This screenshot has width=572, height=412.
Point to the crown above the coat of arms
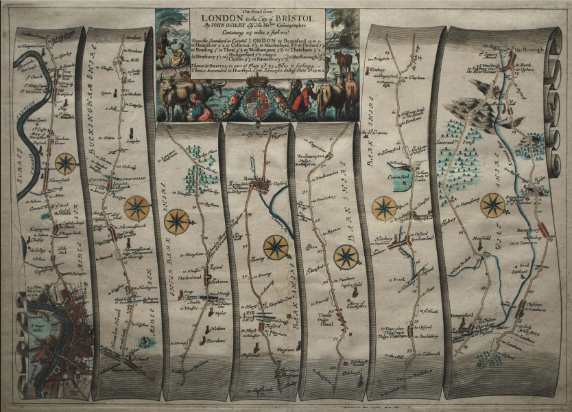[257, 82]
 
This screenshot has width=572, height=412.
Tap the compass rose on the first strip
[66, 163]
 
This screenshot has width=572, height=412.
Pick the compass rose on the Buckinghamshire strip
[136, 207]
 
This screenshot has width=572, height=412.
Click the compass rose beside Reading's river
[276, 247]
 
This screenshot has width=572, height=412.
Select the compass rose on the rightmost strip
[492, 205]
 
